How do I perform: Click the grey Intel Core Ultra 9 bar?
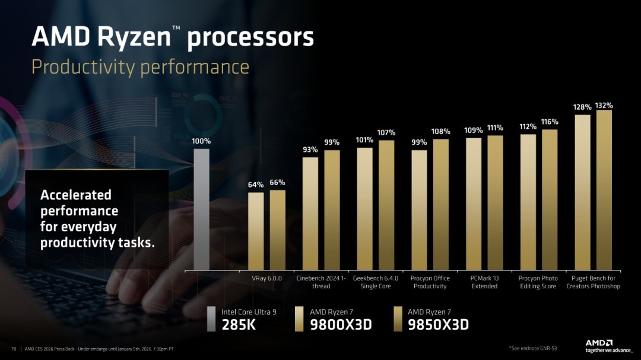[x=201, y=209]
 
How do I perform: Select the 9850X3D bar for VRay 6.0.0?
[x=277, y=230]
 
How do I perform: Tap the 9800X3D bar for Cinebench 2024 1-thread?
[x=310, y=213]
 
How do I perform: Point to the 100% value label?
[x=201, y=142]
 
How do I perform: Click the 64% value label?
[x=256, y=185]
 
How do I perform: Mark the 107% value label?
[x=386, y=132]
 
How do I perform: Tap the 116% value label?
[x=550, y=122]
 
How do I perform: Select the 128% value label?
[x=582, y=107]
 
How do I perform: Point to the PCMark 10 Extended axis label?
[x=484, y=282]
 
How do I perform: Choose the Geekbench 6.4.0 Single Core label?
[x=375, y=282]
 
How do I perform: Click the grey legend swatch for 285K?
[x=212, y=318]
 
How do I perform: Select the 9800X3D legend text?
[x=334, y=324]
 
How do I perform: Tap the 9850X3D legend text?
[x=438, y=324]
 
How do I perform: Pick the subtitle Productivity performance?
[x=140, y=66]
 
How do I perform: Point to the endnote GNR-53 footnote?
[x=533, y=348]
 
